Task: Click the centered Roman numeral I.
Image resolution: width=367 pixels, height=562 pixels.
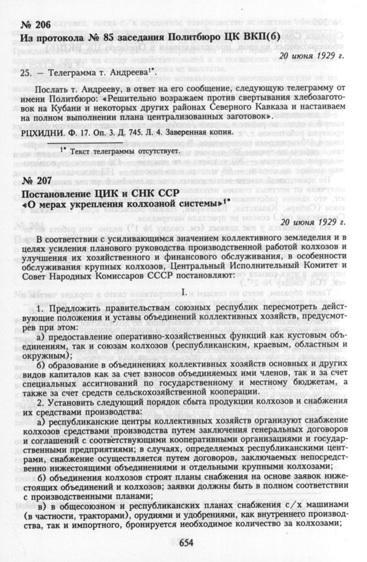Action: (183, 292)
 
